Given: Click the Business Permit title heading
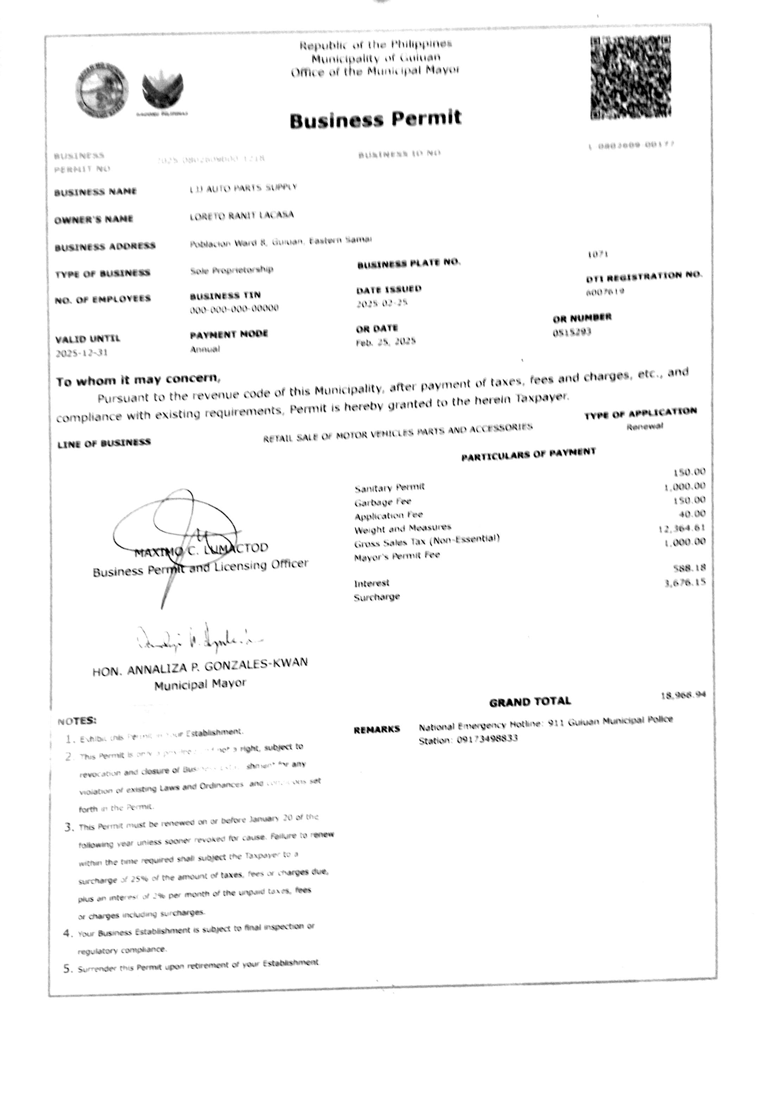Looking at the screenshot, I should tap(375, 119).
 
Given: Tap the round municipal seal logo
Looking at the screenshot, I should tap(102, 90).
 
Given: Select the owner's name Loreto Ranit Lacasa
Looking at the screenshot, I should tap(241, 215).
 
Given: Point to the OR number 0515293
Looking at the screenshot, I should tap(572, 332).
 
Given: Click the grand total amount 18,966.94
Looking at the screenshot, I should tap(683, 695).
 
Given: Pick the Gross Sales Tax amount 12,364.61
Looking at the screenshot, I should tap(682, 528).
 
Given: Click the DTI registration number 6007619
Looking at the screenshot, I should tap(605, 292).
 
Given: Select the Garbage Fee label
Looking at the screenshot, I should tap(383, 502).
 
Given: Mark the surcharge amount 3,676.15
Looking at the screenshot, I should tap(685, 582).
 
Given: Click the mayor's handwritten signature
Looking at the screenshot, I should tap(199, 639).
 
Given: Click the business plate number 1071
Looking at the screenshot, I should tap(598, 255).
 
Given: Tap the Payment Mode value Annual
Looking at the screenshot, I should tap(205, 349).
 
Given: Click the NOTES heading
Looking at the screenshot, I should tap(77, 721).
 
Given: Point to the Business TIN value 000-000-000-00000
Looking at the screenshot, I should tap(234, 308).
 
